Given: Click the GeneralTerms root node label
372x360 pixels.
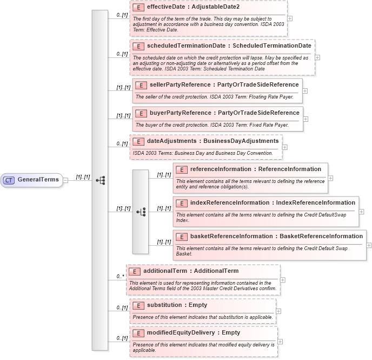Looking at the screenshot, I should point(38,180).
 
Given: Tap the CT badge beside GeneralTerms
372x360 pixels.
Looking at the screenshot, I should point(9,180).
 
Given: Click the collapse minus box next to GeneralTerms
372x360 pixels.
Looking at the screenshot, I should point(65,180).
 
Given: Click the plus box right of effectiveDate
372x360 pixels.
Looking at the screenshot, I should point(290,18).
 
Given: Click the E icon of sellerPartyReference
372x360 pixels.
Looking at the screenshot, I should point(141,85).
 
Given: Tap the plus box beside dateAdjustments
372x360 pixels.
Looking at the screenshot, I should point(285,147).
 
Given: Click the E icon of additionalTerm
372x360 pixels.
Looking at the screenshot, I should point(135,271).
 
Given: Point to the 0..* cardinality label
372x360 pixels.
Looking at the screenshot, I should point(121,277).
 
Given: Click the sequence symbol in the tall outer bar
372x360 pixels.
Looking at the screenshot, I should point(100,180).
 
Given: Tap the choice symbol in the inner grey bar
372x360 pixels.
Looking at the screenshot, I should point(141,212).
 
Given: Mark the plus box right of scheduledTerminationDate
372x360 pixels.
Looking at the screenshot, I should point(317,57).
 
